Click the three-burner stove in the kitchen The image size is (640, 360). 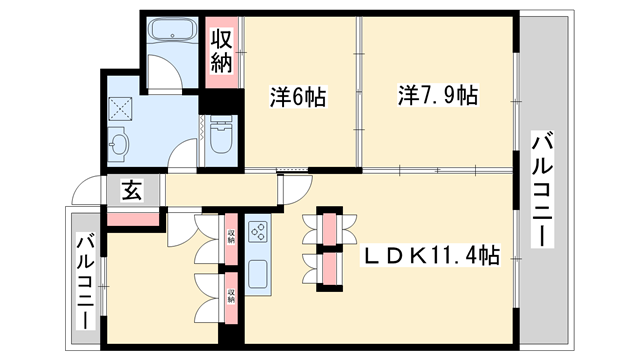coord(257,234)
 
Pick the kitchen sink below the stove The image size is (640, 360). coord(257,272)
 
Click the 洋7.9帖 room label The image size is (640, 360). coord(438,97)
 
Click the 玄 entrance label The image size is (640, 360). coord(132,189)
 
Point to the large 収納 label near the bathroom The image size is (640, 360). coord(222,51)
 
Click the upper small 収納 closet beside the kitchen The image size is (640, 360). coord(231,236)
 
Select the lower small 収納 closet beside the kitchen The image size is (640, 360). coord(231,296)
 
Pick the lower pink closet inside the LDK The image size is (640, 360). coord(328,267)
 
